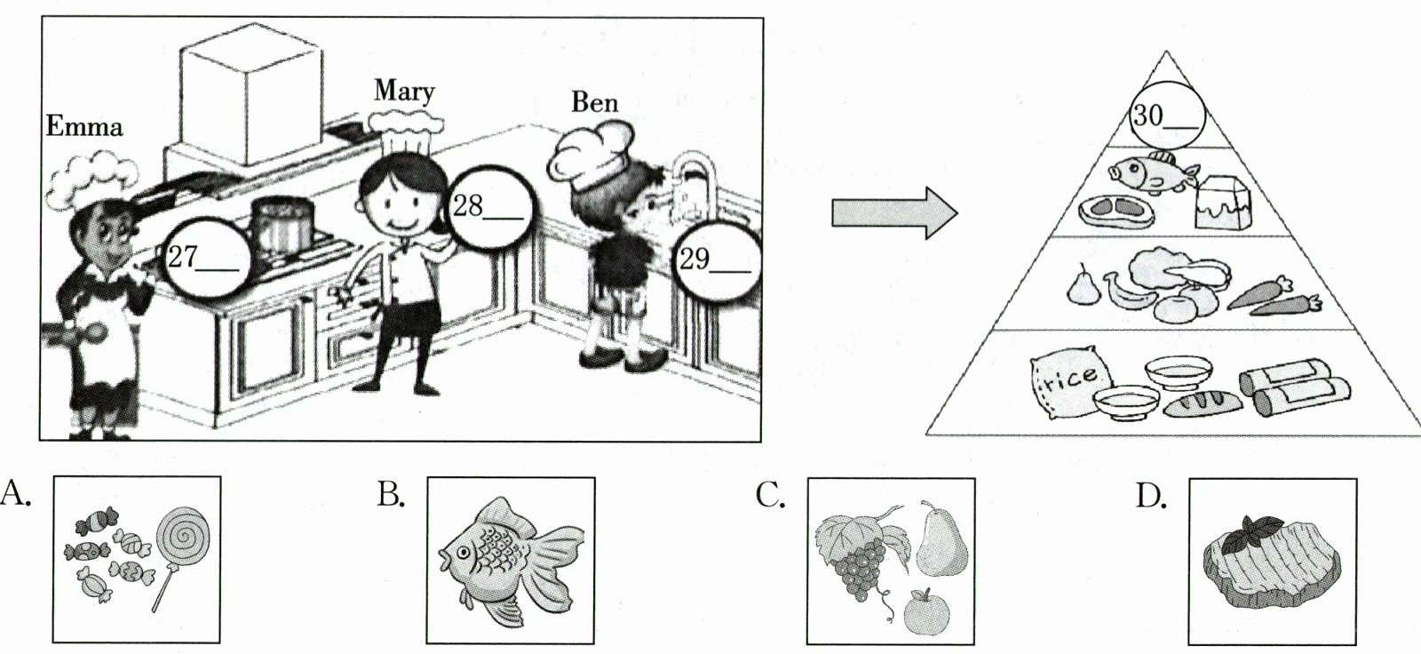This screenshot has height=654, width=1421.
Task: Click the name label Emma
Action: [83, 127]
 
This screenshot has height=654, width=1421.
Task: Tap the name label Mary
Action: [404, 91]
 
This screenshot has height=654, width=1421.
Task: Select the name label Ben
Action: [594, 102]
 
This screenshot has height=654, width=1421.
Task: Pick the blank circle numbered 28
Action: [490, 210]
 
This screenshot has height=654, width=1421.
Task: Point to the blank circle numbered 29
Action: [717, 260]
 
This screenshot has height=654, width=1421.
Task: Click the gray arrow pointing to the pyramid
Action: [893, 213]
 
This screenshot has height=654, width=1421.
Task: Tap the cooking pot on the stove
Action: [282, 226]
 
